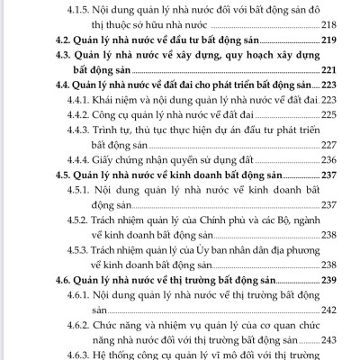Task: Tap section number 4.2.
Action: (54, 42)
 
